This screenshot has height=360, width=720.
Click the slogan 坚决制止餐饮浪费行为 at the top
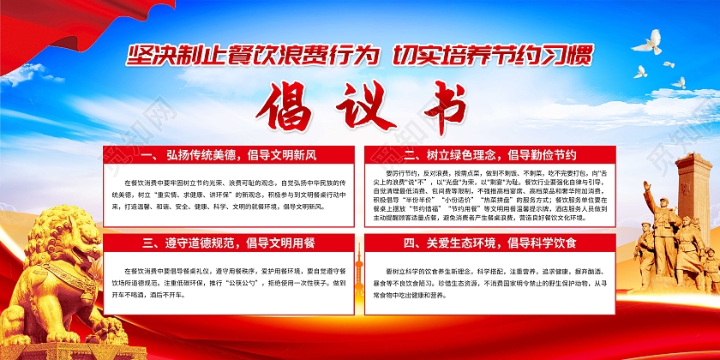tap(251, 57)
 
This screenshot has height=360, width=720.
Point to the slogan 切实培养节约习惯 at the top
tap(491, 57)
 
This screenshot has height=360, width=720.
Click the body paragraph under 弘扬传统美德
tap(226, 195)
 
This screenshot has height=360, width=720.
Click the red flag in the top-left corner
tap(43, 30)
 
